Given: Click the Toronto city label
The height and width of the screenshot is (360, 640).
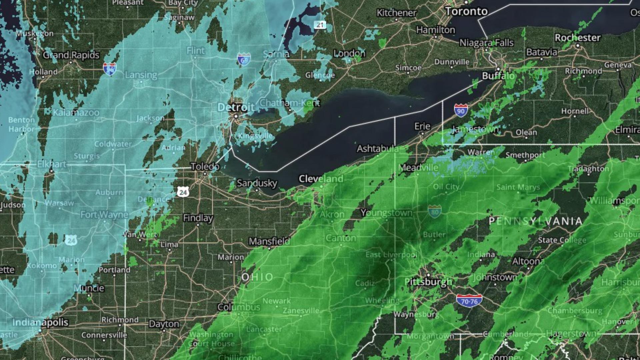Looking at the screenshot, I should click(466, 12).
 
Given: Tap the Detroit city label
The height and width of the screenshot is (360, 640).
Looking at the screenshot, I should click(236, 107).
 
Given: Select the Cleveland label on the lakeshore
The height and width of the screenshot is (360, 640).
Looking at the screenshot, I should click(321, 179).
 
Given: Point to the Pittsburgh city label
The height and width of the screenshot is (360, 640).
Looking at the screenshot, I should click(428, 282).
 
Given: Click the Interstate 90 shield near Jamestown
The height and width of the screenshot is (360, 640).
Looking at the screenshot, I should click(461, 110).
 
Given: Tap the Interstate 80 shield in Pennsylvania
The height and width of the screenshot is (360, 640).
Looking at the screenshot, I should click(435, 211).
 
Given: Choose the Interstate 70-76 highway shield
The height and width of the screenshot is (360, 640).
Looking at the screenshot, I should click(469, 301).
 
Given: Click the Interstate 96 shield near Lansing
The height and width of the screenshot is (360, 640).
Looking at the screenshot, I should click(110, 69).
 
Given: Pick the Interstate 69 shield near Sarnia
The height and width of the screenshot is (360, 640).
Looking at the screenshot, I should click(244, 59).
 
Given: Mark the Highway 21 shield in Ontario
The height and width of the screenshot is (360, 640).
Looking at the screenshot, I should click(320, 25).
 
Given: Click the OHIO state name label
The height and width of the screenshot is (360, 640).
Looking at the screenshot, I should click(257, 277).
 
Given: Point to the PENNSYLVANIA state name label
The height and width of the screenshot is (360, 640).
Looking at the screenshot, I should click(535, 221).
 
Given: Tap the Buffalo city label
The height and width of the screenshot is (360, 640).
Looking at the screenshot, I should click(498, 76).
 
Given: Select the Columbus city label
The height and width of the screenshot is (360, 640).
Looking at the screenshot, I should click(239, 307).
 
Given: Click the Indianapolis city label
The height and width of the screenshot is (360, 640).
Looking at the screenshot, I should click(40, 322).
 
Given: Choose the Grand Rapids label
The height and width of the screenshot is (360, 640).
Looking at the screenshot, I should click(71, 55).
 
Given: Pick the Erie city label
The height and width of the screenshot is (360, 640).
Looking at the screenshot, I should click(422, 126).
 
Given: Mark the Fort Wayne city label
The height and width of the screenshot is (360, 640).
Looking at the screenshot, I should click(104, 215).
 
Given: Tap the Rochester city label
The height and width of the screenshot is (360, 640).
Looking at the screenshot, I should click(577, 38).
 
